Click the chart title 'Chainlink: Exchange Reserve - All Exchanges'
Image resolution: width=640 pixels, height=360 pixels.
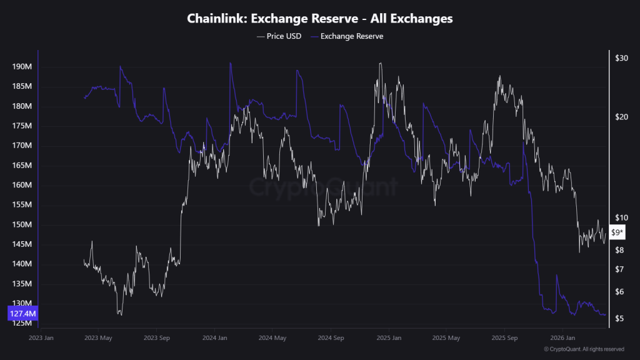click(319, 19)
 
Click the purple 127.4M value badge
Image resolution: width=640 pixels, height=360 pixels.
click(22, 313)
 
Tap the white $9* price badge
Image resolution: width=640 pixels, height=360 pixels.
click(617, 232)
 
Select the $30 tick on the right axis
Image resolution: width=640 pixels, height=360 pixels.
click(621, 58)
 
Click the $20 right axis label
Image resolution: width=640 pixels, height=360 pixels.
click(621, 117)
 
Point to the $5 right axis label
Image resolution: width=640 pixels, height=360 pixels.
click(619, 319)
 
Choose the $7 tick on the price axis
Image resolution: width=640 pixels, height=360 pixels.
click(619, 269)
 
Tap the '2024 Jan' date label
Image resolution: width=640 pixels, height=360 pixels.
click(214, 337)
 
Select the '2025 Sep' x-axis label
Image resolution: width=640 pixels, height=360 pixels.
click(503, 337)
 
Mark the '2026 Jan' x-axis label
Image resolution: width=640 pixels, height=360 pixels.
click(561, 337)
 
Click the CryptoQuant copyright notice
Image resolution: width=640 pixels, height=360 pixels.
click(584, 349)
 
